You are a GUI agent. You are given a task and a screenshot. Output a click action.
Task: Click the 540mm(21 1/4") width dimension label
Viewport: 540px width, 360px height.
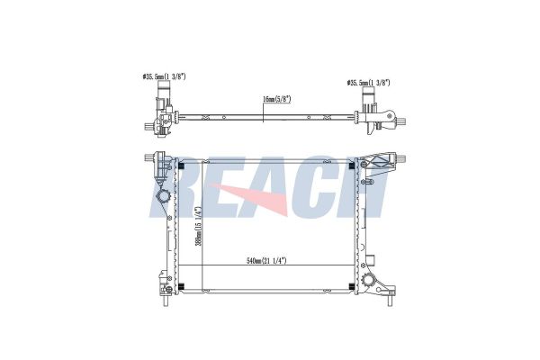coord(266,261)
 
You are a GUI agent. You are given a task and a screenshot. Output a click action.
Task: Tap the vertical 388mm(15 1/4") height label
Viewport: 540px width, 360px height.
coord(198,226)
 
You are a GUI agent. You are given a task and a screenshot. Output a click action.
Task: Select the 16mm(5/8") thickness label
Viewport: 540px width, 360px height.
coord(277,100)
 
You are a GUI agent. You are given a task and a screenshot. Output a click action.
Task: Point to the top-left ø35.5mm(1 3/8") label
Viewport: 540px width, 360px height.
coord(164,76)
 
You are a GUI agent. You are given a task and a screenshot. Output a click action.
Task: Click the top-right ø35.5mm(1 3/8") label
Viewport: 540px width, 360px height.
coord(368,83)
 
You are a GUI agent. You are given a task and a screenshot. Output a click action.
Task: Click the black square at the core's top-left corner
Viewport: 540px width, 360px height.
coord(182,166)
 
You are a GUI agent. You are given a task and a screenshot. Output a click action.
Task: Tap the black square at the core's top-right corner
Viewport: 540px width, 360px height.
coord(352,166)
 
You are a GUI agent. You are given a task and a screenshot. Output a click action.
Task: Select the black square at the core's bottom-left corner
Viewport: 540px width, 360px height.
coord(182,286)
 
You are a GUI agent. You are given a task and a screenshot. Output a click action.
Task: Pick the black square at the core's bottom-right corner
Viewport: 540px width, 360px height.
coord(352,286)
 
